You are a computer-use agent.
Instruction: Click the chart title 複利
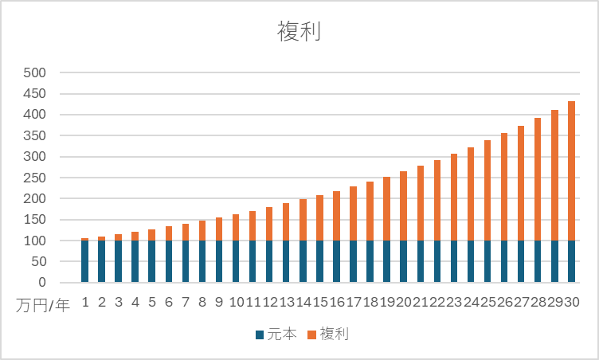point(299,31)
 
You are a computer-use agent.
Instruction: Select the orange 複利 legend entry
point(334,335)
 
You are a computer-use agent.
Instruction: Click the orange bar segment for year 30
point(571,170)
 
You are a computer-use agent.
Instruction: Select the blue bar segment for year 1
point(85,261)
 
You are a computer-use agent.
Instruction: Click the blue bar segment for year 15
point(320,261)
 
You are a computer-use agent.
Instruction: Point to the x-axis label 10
point(237,303)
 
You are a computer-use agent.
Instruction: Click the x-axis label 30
point(571,303)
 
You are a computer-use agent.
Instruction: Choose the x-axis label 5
point(152,303)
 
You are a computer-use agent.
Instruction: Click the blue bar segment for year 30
point(571,261)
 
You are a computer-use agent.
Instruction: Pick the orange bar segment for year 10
point(237,227)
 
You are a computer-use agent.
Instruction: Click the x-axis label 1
point(85,303)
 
